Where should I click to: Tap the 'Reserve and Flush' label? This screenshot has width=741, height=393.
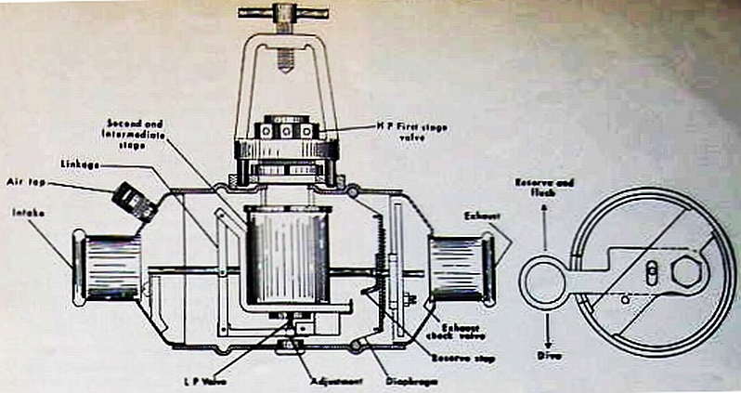[x=547, y=189]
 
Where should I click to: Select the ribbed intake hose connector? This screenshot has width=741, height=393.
[x=110, y=268]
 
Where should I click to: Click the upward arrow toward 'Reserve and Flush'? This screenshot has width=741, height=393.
[x=545, y=229]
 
